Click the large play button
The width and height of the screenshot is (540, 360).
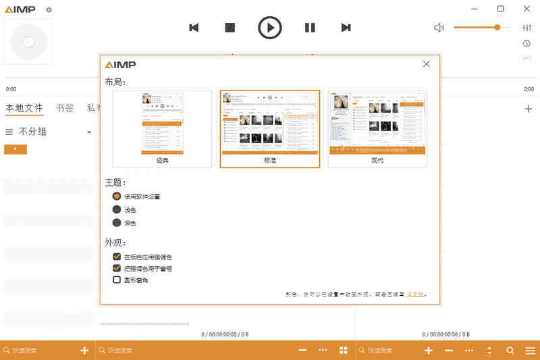(x=270, y=28)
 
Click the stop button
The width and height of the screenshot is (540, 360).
(x=230, y=28)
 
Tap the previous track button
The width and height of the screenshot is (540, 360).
(x=194, y=28)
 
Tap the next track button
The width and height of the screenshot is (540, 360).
(x=346, y=28)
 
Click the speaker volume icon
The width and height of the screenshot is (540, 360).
(x=439, y=28)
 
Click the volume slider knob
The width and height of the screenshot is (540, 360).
(x=497, y=27)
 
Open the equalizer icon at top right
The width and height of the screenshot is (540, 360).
(x=526, y=28)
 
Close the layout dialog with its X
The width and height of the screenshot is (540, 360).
(x=427, y=64)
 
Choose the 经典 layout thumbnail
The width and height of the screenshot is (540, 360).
(x=162, y=128)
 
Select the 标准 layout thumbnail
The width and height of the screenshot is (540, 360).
(x=270, y=128)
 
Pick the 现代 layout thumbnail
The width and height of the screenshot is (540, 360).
(x=377, y=128)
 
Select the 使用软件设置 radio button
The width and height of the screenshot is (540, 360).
(x=117, y=196)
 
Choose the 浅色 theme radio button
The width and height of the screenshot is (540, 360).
(x=117, y=209)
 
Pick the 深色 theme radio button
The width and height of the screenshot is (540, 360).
(x=117, y=223)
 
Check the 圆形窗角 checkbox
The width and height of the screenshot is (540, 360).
(x=117, y=280)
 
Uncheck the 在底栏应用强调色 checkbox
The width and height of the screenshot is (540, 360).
(x=117, y=257)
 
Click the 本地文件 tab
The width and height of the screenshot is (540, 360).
(x=24, y=107)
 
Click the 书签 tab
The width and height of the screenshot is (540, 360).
(x=65, y=107)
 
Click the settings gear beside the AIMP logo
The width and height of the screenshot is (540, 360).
(x=49, y=10)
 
